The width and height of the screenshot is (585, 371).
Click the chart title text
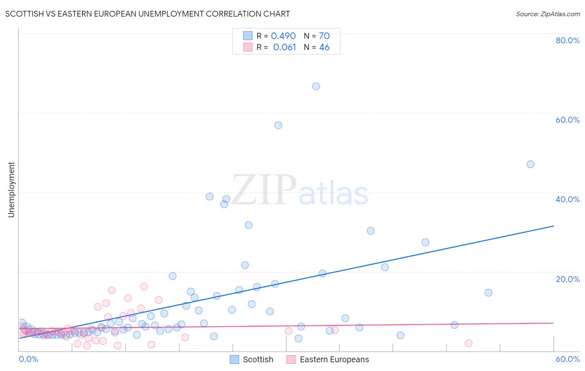[147, 14]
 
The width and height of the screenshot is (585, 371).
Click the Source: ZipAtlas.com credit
[548, 14]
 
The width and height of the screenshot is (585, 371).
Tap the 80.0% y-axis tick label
[568, 40]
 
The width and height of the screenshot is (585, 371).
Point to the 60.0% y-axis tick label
[568, 120]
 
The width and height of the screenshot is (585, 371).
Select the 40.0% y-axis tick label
[568, 199]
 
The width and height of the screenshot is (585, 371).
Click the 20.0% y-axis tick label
[568, 279]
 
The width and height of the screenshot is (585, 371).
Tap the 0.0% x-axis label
[28, 359]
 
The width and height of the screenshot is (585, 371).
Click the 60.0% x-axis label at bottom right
[568, 359]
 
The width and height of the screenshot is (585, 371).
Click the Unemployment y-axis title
[11, 190]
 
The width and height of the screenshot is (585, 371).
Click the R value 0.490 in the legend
[283, 36]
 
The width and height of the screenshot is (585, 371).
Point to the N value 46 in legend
[324, 47]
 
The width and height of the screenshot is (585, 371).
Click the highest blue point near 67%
[316, 86]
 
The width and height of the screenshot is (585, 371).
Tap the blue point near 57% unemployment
[278, 125]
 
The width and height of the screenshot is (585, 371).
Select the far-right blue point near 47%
[530, 164]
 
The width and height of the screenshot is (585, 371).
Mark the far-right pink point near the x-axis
[468, 343]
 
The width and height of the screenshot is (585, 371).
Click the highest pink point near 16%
[144, 286]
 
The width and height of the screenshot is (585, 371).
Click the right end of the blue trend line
[553, 226]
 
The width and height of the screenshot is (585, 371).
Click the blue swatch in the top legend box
[248, 36]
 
